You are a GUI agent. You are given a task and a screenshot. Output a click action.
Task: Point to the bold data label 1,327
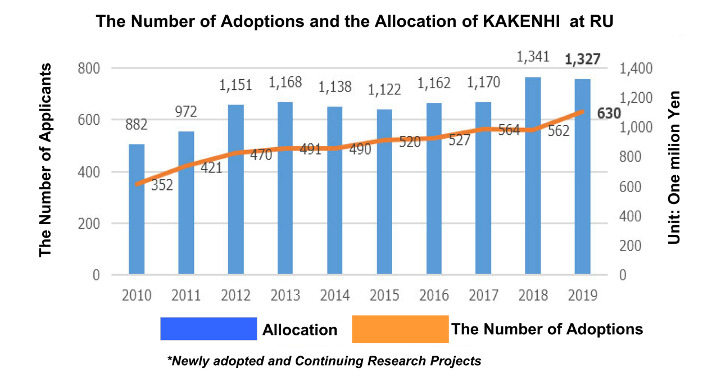pyautogui.click(x=582, y=60)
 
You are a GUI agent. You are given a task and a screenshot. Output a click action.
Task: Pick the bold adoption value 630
pyautogui.click(x=609, y=113)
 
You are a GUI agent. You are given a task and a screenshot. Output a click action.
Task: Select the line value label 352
pyautogui.click(x=162, y=185)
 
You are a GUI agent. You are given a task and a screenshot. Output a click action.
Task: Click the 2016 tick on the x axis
pyautogui.click(x=434, y=295)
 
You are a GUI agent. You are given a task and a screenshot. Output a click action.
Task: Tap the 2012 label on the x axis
pyautogui.click(x=236, y=295)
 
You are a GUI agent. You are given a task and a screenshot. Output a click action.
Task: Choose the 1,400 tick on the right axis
pyautogui.click(x=637, y=69)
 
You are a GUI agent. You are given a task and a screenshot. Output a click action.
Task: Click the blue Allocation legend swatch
pyautogui.click(x=208, y=329)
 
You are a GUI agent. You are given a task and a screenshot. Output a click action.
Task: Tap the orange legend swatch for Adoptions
pyautogui.click(x=400, y=329)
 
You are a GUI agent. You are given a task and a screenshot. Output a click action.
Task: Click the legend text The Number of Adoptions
pyautogui.click(x=547, y=329)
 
